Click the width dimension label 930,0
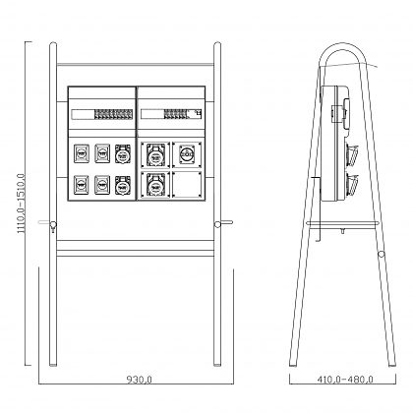[140, 380]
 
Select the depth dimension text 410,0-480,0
[345, 380]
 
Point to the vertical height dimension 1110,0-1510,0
[21, 204]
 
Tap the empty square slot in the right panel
[187, 185]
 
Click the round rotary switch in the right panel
[187, 154]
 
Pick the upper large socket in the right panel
[155, 155]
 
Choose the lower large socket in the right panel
[155, 185]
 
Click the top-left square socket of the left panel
[82, 153]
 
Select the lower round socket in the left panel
[123, 185]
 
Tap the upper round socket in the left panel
[123, 154]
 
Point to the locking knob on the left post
[52, 225]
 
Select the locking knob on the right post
[217, 224]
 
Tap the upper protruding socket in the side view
[353, 154]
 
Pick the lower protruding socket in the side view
[353, 185]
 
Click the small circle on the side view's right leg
[382, 254]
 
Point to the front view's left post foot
[53, 364]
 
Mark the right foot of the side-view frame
[391, 365]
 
